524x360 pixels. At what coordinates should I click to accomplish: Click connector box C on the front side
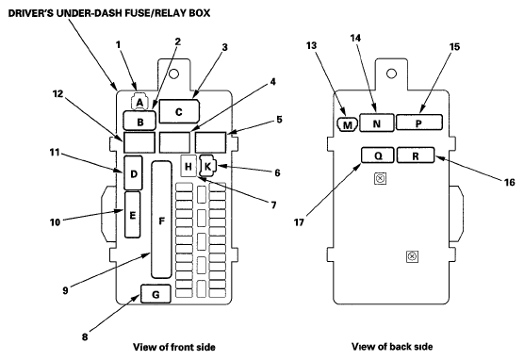click(x=179, y=111)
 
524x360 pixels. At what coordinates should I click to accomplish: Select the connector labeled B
click(x=139, y=121)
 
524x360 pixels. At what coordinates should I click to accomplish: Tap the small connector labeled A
click(x=139, y=102)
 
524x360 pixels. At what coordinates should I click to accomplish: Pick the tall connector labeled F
click(x=162, y=220)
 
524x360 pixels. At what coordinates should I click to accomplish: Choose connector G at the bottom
click(x=156, y=294)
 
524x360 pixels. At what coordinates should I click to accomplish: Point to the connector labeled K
click(x=208, y=166)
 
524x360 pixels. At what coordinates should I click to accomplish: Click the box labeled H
click(x=188, y=166)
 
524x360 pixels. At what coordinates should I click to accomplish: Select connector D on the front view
click(x=133, y=173)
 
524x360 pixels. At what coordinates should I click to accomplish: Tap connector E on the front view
click(x=132, y=215)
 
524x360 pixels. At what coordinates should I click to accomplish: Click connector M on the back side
click(x=347, y=124)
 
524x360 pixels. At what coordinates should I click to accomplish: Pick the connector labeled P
click(x=419, y=123)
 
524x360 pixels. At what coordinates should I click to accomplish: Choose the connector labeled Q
click(x=378, y=155)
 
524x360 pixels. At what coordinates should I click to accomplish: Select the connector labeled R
click(x=416, y=155)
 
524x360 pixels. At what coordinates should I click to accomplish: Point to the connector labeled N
click(x=377, y=123)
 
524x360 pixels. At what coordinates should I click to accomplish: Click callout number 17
click(x=299, y=222)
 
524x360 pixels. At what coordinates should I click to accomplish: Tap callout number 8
click(x=85, y=337)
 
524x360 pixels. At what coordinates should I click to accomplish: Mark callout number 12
click(x=57, y=94)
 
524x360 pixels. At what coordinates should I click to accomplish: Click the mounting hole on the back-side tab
click(x=391, y=74)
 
